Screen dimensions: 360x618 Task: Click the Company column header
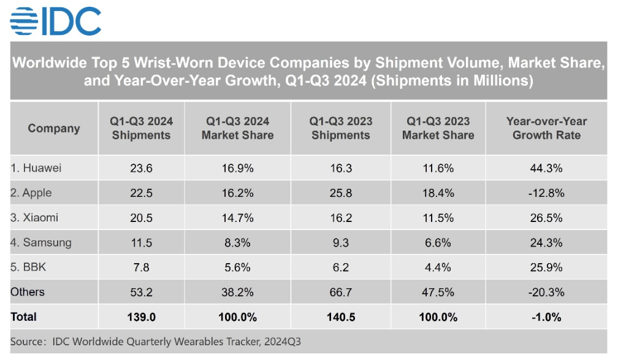[x=54, y=129]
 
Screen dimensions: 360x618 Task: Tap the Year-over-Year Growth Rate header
[x=546, y=129]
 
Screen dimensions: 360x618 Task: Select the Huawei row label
[x=36, y=168]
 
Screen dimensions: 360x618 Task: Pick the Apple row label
[x=31, y=193]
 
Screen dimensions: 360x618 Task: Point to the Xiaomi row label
[x=34, y=218]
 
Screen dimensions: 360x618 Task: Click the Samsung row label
[x=40, y=242]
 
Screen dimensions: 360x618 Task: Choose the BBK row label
[x=30, y=267]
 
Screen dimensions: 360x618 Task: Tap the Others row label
[x=28, y=292]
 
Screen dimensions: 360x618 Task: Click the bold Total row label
[x=24, y=317]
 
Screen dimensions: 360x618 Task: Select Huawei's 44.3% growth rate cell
[x=546, y=168]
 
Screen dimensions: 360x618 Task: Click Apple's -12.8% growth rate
[x=546, y=193]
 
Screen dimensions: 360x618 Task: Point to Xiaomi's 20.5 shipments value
[x=141, y=218]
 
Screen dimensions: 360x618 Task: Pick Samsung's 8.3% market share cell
[x=237, y=242]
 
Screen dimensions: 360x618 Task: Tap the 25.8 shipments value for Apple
[x=340, y=193]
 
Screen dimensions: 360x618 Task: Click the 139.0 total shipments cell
[x=141, y=317]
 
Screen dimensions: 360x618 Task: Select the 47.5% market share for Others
[x=438, y=292]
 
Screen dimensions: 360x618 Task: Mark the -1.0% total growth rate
[x=546, y=317]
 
